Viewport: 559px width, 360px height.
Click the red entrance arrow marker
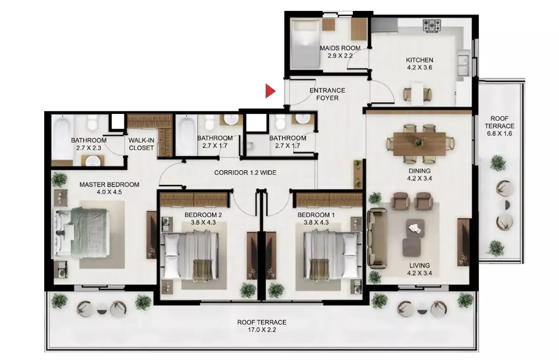coord(270,91)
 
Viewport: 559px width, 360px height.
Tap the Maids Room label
coord(339,52)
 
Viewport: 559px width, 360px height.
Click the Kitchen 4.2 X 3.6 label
coord(419,64)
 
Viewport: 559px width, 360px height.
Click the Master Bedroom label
coord(109,188)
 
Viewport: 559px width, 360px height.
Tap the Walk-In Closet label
coord(141,144)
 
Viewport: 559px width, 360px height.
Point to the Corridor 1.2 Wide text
coord(245,173)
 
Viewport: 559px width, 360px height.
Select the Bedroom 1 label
coord(316,218)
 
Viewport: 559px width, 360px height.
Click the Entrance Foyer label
coord(327,94)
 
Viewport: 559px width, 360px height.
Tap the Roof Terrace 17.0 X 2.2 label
coord(261,326)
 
